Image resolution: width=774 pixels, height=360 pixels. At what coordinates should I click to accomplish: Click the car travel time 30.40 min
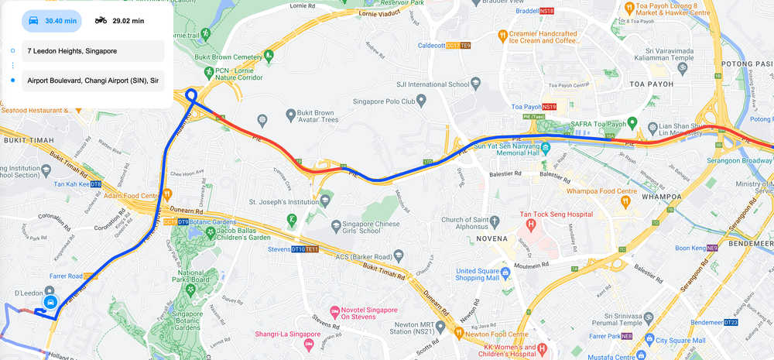[52, 21]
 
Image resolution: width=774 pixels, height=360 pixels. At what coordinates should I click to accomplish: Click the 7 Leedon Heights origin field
[93, 51]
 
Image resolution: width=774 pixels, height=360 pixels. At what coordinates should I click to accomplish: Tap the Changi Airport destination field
[93, 80]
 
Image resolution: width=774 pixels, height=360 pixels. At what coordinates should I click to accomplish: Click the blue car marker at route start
[50, 301]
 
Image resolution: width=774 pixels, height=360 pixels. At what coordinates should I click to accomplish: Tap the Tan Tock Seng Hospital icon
[531, 225]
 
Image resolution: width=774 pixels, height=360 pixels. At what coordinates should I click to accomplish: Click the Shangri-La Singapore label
[277, 334]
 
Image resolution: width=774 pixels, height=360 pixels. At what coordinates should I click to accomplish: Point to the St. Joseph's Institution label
[284, 202]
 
